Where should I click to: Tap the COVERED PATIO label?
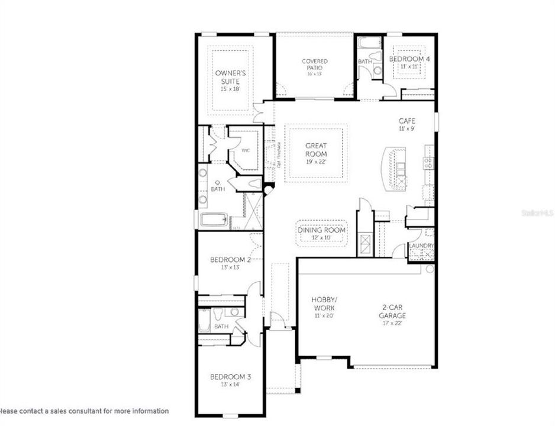[314, 62]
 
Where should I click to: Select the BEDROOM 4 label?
[409, 59]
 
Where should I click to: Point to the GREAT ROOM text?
[316, 149]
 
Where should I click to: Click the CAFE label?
[406, 121]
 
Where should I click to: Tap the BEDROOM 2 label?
[231, 259]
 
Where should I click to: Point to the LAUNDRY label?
[422, 246]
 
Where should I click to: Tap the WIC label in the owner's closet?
[246, 150]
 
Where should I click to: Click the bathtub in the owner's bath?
[214, 220]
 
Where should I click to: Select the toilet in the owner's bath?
[254, 184]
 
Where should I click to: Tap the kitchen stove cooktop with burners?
[428, 163]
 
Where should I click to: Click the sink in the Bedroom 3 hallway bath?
[235, 312]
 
